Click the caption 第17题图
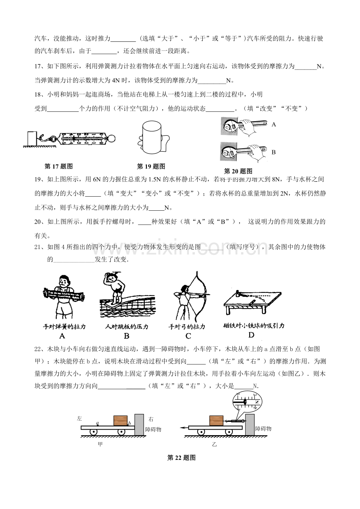pyautogui.click(x=58, y=167)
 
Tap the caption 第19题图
pyautogui.click(x=151, y=167)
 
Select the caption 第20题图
pyautogui.click(x=238, y=171)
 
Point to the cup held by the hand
pyautogui.click(x=151, y=138)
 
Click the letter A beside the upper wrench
pyautogui.click(x=274, y=125)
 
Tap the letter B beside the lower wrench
pyautogui.click(x=274, y=152)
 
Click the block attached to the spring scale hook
pyautogui.click(x=32, y=138)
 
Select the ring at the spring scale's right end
pyautogui.click(x=112, y=138)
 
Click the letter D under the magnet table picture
pyautogui.click(x=251, y=335)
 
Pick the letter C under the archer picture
pyautogui.click(x=188, y=336)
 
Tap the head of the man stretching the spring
pyautogui.click(x=64, y=281)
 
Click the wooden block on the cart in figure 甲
pyautogui.click(x=120, y=421)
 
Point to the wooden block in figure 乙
pyautogui.click(x=216, y=421)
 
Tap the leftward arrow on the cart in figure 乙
pyautogui.click(x=184, y=428)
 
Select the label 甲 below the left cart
pyautogui.click(x=100, y=444)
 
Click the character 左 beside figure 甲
pyautogui.click(x=79, y=419)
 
